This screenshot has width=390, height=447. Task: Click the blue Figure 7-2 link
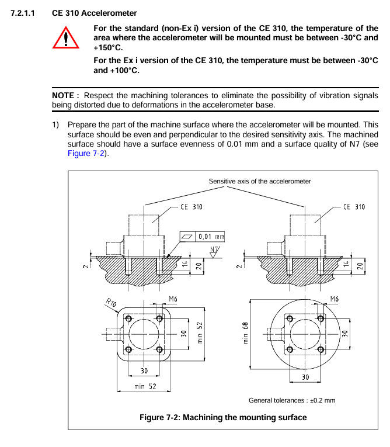click(88, 153)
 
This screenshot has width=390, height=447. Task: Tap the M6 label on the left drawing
click(173, 300)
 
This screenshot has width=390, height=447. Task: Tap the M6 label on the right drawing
click(334, 299)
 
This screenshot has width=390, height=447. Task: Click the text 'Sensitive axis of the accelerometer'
click(260, 181)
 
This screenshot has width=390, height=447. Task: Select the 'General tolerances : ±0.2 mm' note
click(292, 400)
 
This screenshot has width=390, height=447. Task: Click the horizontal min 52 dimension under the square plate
click(145, 386)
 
